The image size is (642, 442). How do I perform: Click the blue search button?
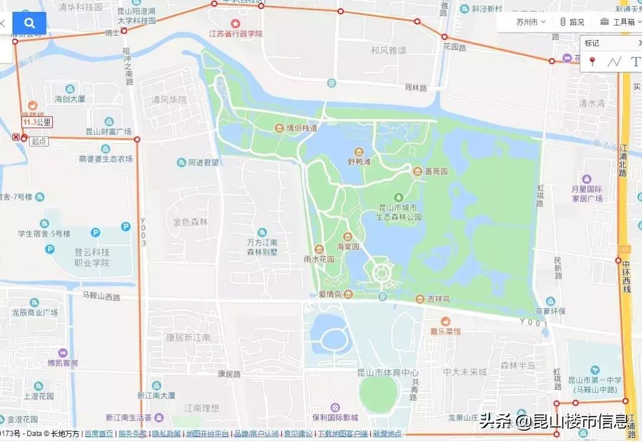[30, 23]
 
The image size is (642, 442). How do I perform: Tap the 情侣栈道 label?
[301, 128]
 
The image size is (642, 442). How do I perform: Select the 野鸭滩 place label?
[358, 161]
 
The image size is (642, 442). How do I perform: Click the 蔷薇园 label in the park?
[436, 172]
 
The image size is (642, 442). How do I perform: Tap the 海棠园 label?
[348, 246]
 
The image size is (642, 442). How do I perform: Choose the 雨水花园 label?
[319, 259]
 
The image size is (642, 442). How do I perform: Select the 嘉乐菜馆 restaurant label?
[445, 331]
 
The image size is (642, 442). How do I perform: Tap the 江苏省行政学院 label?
[235, 34]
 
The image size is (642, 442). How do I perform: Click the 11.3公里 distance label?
[37, 122]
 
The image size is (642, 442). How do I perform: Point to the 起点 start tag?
[39, 141]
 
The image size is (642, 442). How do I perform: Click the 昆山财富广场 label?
[109, 131]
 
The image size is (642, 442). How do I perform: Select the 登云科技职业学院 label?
[84, 257]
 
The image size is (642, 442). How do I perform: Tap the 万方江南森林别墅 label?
[262, 247]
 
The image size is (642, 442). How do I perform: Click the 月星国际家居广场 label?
[587, 194]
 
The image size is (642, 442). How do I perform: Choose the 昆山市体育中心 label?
[388, 372]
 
